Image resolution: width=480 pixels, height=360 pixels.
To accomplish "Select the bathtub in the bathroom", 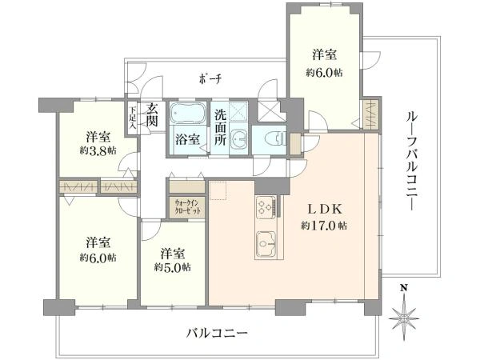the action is [187, 113].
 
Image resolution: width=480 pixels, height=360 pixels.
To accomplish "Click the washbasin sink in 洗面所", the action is [240, 139].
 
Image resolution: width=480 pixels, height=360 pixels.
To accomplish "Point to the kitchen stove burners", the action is [265, 207].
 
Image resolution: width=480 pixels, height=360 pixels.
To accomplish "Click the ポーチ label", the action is [210, 80].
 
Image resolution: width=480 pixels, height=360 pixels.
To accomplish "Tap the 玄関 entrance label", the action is [151, 114].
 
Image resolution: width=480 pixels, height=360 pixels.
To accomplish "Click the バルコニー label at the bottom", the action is [217, 333].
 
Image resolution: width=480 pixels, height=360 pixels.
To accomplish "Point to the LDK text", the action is [325, 210].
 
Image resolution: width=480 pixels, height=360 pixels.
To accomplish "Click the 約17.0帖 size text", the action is [324, 226].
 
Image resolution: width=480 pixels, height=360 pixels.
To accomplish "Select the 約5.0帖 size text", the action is [172, 267].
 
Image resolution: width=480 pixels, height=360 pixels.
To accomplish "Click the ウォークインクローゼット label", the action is [187, 206].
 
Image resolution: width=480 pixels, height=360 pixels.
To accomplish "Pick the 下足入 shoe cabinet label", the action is [133, 117].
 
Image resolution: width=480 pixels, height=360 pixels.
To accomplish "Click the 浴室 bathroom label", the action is [188, 139].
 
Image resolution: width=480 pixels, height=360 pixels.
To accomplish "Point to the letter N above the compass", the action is [404, 288].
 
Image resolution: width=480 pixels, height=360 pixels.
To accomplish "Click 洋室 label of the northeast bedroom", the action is [325, 55].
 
